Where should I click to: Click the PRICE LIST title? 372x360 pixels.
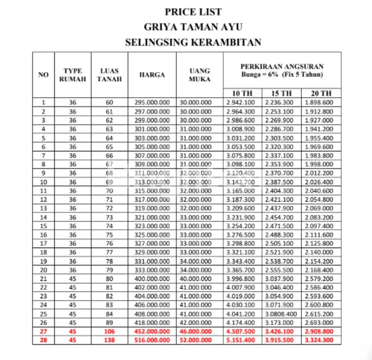click(x=193, y=12)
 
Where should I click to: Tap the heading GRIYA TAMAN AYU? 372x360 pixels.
click(x=193, y=27)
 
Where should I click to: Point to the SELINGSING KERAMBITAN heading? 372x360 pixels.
click(x=193, y=43)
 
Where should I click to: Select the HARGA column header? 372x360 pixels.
click(x=152, y=75)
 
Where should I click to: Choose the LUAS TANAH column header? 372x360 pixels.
click(x=110, y=75)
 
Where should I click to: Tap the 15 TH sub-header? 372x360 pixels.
click(x=279, y=93)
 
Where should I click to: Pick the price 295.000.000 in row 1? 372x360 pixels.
click(x=152, y=103)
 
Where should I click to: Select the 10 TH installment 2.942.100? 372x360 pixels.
click(x=241, y=103)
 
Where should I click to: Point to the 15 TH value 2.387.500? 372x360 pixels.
click(x=279, y=182)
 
